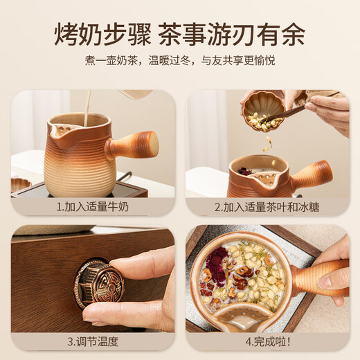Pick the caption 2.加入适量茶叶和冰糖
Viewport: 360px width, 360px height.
267,206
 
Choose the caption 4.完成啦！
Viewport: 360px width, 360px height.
267,341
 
